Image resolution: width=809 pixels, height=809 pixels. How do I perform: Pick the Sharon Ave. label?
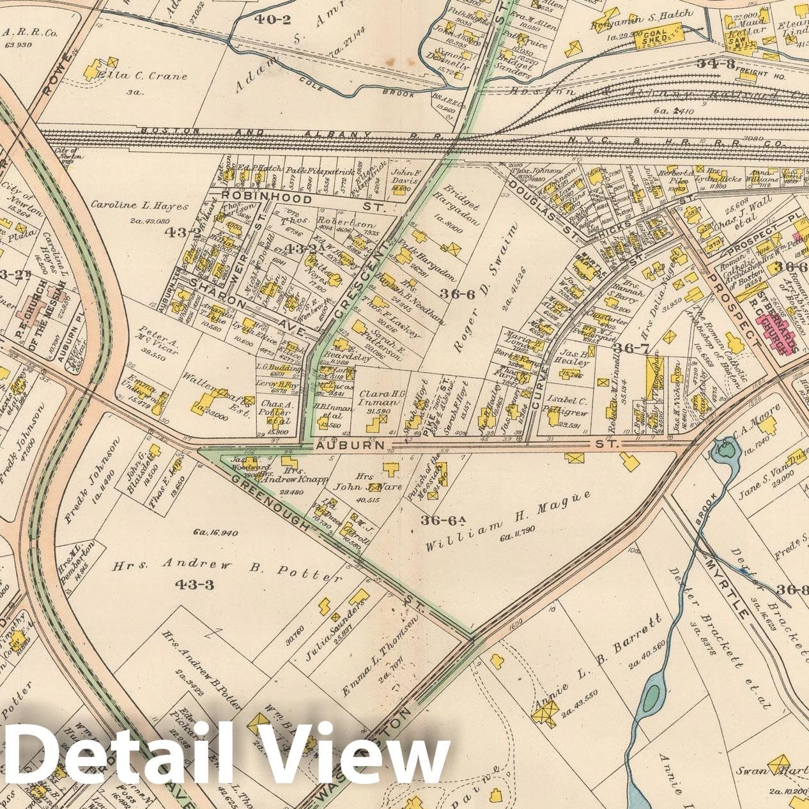point(244,311)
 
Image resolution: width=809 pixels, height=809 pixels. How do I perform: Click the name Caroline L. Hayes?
point(139,206)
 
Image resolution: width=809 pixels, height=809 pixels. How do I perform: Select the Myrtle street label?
point(725,588)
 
